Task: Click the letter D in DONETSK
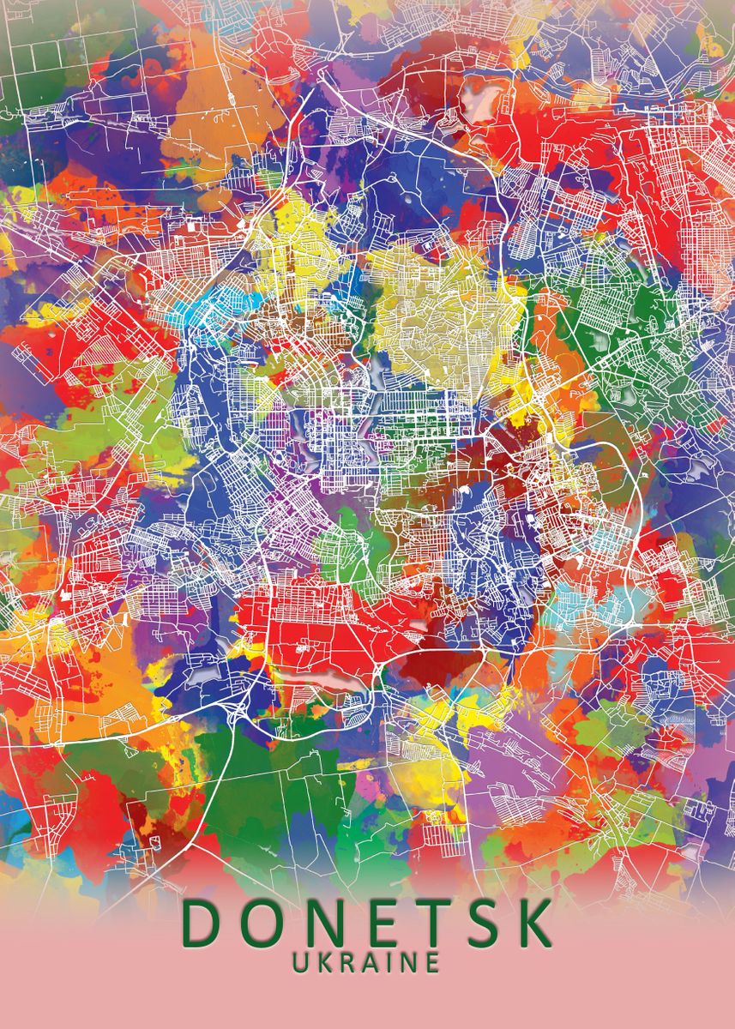[x=200, y=924]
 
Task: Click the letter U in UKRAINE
[x=302, y=962]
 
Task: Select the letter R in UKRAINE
[x=346, y=962]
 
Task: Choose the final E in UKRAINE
[x=431, y=962]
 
